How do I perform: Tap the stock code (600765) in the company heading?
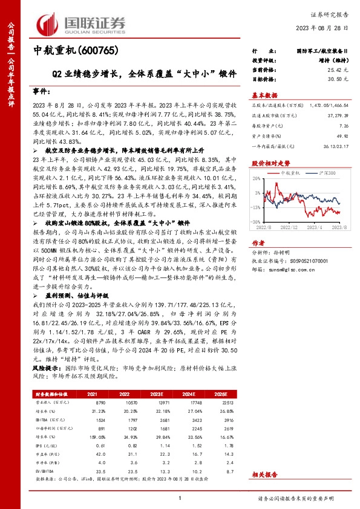click(x=96, y=52)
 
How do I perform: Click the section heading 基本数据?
click(x=264, y=95)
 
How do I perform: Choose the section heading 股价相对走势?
click(x=270, y=163)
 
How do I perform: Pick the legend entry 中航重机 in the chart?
click(x=292, y=173)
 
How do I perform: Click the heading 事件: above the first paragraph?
click(x=41, y=89)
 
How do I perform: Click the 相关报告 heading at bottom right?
click(x=264, y=476)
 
